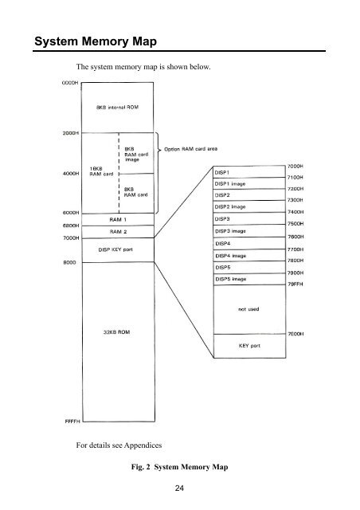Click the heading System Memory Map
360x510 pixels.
(x=96, y=41)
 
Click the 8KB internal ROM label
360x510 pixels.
(x=117, y=107)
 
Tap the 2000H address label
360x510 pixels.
(x=71, y=133)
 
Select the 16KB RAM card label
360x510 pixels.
(x=101, y=171)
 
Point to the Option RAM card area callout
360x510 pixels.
(x=190, y=149)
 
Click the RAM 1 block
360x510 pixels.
(x=118, y=220)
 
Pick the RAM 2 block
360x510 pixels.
(x=118, y=232)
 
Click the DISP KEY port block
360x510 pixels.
(x=118, y=249)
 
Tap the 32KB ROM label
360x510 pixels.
(x=116, y=332)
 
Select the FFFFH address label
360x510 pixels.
(x=72, y=422)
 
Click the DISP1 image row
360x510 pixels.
(x=249, y=183)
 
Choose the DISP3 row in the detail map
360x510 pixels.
(x=249, y=218)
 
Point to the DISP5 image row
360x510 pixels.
(x=249, y=279)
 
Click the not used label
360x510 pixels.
(x=248, y=309)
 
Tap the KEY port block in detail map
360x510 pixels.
(x=249, y=346)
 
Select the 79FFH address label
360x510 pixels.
(x=295, y=284)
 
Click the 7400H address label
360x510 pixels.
(x=295, y=212)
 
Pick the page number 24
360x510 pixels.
(x=179, y=488)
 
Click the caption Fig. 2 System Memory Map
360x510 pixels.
(x=179, y=467)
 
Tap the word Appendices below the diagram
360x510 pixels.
(x=143, y=445)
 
